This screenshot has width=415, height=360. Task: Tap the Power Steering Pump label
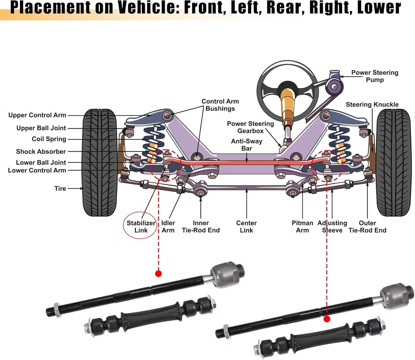pyautogui.click(x=375, y=76)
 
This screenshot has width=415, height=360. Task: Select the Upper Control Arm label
pyautogui.click(x=37, y=115)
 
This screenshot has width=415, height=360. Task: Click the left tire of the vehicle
pyautogui.click(x=100, y=163)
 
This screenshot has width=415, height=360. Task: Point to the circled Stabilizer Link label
pyautogui.click(x=141, y=226)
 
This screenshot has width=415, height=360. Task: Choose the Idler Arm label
pyautogui.click(x=168, y=226)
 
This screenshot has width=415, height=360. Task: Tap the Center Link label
pyautogui.click(x=246, y=226)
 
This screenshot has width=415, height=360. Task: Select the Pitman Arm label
pyautogui.click(x=302, y=226)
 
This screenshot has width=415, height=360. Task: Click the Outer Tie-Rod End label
pyautogui.click(x=367, y=226)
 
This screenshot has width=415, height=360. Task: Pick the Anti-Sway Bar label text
pyautogui.click(x=247, y=145)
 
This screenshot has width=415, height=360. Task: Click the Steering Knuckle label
pyautogui.click(x=372, y=105)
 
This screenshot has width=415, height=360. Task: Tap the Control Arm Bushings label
pyautogui.click(x=220, y=105)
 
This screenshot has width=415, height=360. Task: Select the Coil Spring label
pyautogui.click(x=49, y=139)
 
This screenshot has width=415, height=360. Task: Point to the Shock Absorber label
pyautogui.click(x=41, y=152)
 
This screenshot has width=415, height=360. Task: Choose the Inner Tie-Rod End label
pyautogui.click(x=201, y=226)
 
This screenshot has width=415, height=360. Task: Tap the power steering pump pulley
pyautogui.click(x=334, y=87)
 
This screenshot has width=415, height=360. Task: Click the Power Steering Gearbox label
pyautogui.click(x=250, y=127)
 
